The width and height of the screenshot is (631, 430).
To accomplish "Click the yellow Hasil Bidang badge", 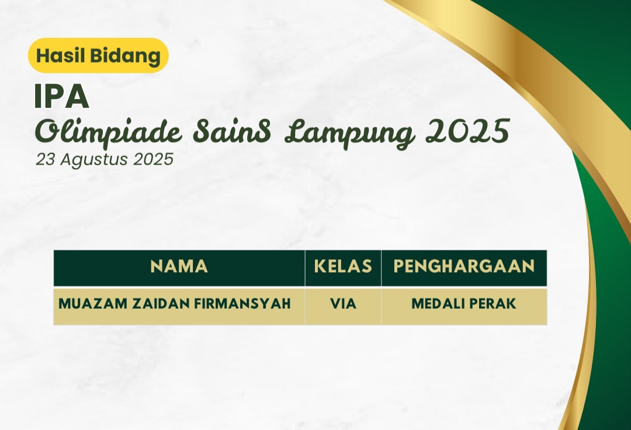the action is coord(98,55).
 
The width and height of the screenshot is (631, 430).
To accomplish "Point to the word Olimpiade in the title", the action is coord(109,132).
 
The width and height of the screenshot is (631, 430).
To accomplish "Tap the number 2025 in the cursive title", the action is coord(467,131).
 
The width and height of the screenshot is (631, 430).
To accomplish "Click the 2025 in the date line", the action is coord(153,159).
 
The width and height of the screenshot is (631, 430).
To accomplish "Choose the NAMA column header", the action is coord(179,267).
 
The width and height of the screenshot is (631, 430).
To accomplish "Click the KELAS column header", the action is coord(343,267).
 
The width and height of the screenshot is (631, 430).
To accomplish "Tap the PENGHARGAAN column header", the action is coord(464,267).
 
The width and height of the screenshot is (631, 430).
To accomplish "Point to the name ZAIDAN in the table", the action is coord(161,304).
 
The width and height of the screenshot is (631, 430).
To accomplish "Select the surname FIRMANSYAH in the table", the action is coord(242,304).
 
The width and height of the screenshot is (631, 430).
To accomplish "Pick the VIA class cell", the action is coord(344,304).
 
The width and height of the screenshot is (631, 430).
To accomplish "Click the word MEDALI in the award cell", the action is coord(437,304).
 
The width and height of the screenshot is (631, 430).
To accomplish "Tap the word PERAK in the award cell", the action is coord(491,304).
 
